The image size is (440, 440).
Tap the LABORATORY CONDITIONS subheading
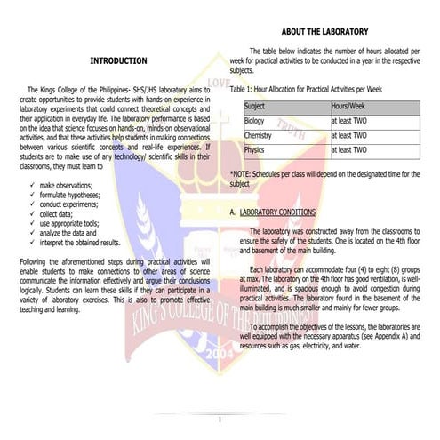278,213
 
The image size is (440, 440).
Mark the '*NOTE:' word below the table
242,173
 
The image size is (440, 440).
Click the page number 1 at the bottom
219,419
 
